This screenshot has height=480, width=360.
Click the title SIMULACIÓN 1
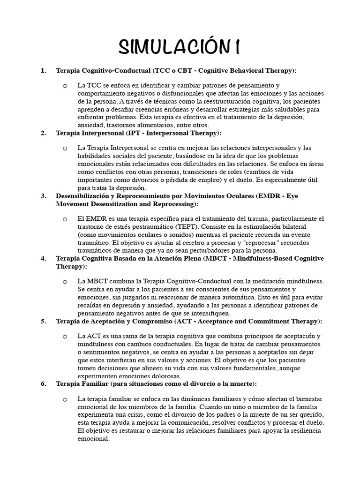click(180, 47)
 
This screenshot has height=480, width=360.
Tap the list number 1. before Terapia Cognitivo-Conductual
click(44, 70)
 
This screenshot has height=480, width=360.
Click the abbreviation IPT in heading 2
click(134, 133)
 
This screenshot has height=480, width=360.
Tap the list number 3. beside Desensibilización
click(44, 195)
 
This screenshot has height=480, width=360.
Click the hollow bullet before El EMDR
click(65, 219)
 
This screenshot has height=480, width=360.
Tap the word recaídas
click(91, 305)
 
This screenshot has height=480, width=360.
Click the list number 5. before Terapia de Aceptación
click(44, 321)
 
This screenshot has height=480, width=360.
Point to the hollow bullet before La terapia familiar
click(65, 399)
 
